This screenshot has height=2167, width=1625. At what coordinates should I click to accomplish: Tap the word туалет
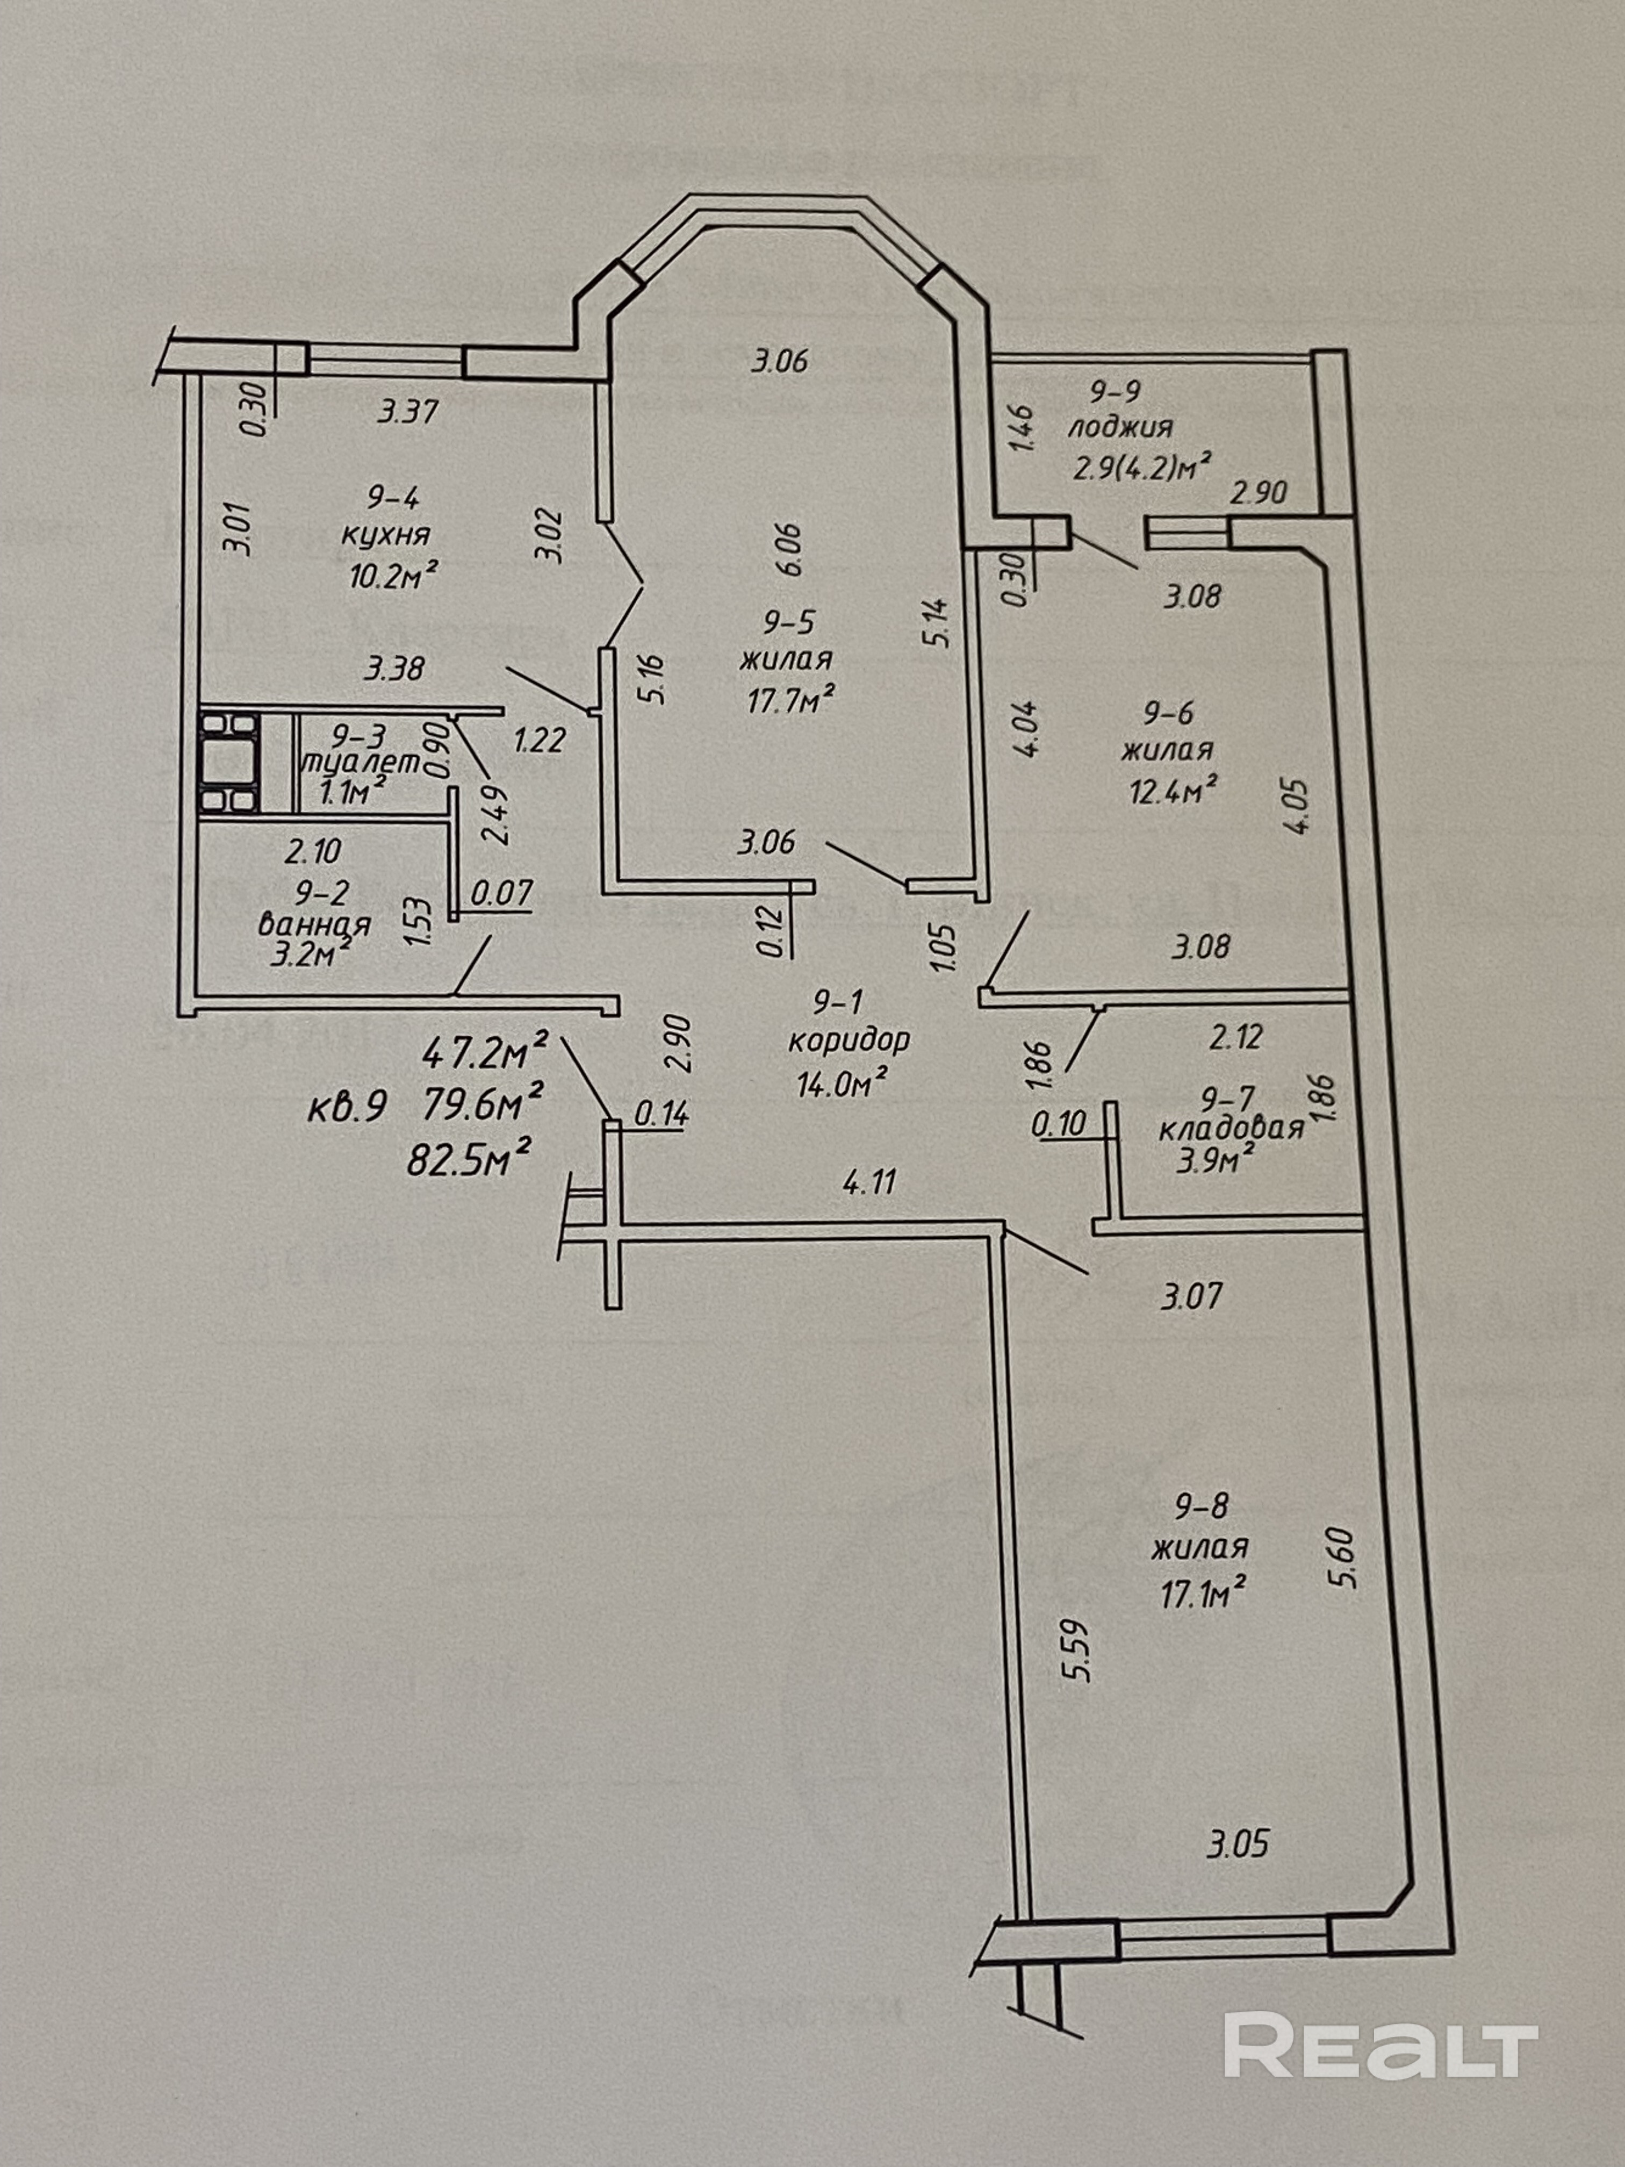pyautogui.click(x=362, y=762)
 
